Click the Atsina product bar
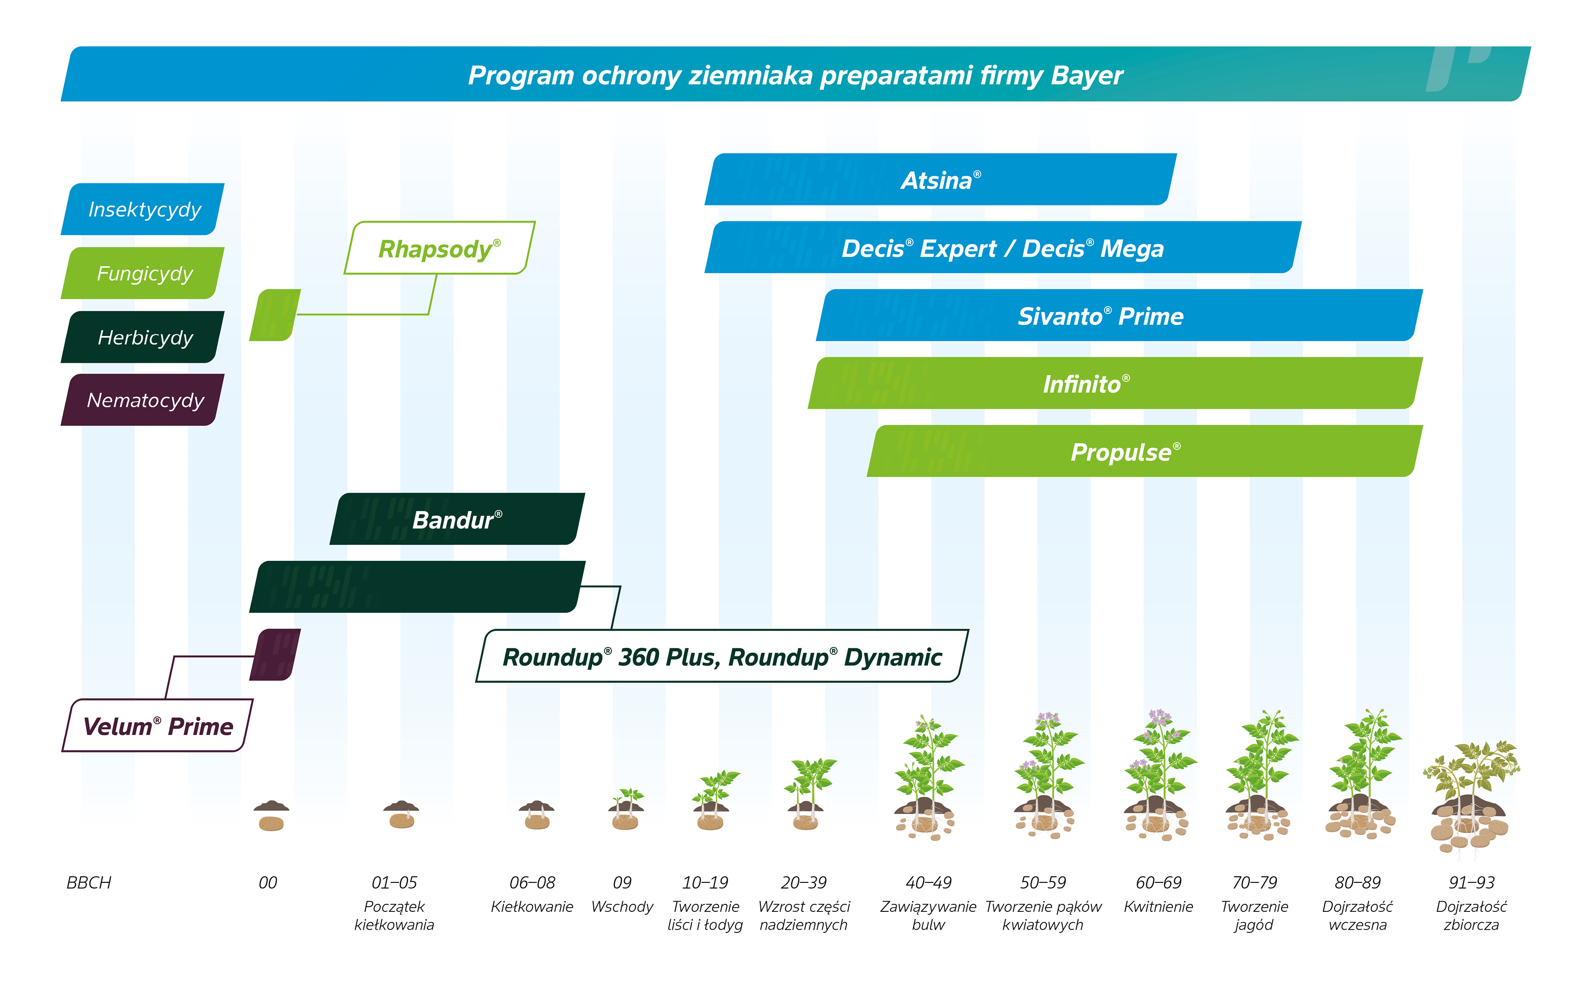pyautogui.click(x=940, y=180)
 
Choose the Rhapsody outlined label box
pyautogui.click(x=440, y=249)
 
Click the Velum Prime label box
pyautogui.click(x=157, y=726)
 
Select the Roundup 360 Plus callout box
pyautogui.click(x=722, y=657)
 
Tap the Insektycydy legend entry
pyautogui.click(x=144, y=209)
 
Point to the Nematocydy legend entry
pyautogui.click(x=144, y=400)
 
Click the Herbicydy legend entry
pyautogui.click(x=144, y=337)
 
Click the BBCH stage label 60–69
pyautogui.click(x=1158, y=883)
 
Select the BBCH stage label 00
pyautogui.click(x=267, y=883)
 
